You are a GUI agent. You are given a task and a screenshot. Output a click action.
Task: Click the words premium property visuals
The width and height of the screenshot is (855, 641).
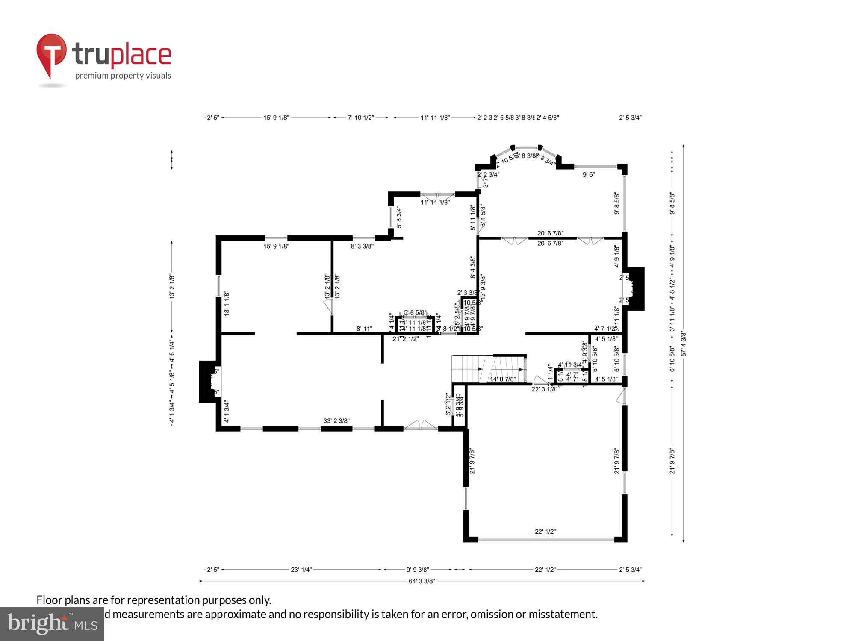[123, 76]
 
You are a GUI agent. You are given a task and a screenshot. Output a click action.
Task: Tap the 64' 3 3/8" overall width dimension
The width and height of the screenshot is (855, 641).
[422, 581]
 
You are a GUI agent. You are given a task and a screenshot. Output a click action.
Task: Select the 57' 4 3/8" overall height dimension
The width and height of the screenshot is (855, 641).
[684, 344]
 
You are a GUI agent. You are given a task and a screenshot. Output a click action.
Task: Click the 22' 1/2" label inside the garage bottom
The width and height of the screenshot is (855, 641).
[545, 532]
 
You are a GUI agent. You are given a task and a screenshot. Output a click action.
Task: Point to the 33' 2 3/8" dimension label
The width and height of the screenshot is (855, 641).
[336, 421]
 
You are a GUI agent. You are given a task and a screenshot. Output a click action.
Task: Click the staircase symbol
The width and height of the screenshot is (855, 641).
[489, 368]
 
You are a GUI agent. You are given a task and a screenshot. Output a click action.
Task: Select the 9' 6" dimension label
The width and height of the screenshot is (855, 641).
[589, 174]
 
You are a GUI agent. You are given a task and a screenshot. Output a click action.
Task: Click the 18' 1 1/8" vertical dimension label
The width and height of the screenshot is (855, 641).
[227, 303]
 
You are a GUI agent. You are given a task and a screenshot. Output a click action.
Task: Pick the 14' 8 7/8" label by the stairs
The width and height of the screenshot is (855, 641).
[503, 379]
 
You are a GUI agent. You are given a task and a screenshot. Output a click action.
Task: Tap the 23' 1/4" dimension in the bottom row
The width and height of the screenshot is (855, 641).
[301, 570]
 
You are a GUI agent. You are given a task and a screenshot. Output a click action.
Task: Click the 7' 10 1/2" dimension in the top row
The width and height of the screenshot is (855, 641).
[361, 118]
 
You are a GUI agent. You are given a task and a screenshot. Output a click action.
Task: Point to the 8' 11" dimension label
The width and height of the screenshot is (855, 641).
[364, 329]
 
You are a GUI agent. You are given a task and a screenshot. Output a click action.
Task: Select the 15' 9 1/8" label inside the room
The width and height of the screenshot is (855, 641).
[276, 246]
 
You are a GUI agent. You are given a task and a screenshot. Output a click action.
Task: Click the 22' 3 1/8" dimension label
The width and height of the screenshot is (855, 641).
[544, 389]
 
